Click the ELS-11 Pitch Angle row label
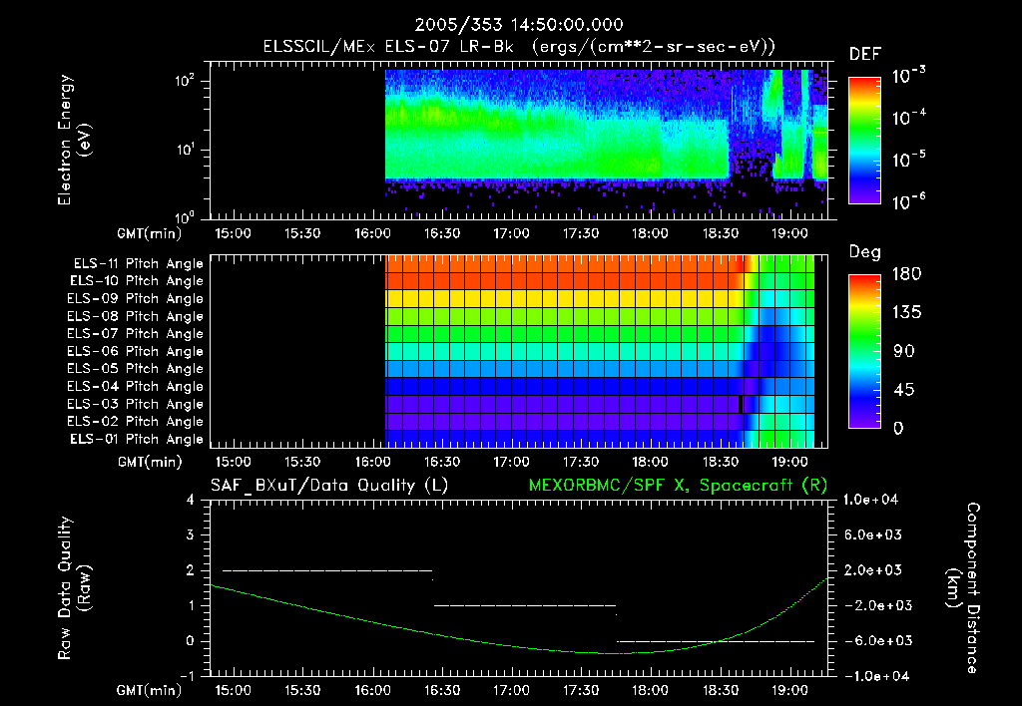[137, 263]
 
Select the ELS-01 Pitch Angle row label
[137, 439]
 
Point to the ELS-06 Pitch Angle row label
[137, 351]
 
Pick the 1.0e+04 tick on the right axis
[873, 500]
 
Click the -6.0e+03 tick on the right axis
[873, 640]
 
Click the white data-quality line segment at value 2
[326, 570]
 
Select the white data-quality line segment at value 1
[525, 605]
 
